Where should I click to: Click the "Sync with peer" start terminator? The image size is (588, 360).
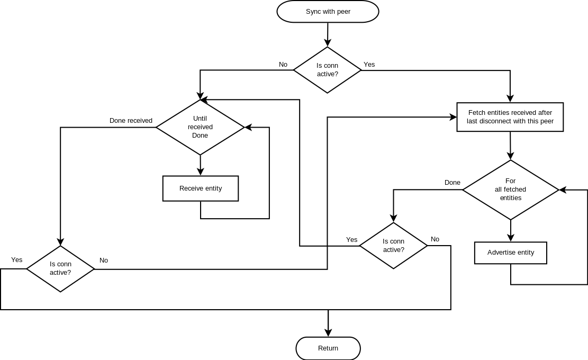[x=328, y=12]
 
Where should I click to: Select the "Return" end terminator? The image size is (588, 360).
[x=328, y=348]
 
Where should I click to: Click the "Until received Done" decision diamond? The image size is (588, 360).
[x=200, y=127]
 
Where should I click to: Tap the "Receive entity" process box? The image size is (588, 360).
[x=201, y=188]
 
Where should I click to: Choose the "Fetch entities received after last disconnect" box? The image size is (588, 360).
[x=510, y=117]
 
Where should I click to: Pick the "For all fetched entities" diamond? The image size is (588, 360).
[x=511, y=190]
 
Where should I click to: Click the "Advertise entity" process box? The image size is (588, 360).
[x=511, y=253]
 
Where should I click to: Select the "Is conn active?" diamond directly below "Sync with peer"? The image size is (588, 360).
[x=328, y=70]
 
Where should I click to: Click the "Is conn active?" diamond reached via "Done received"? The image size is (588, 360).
[x=60, y=268]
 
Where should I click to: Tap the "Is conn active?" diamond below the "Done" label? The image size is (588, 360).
[x=393, y=246]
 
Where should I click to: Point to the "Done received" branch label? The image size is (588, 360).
[x=131, y=121]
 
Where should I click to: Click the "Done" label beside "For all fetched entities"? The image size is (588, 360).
[x=453, y=183]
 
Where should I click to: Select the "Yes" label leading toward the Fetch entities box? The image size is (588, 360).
[x=369, y=65]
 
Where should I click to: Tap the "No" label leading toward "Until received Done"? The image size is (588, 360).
[x=283, y=65]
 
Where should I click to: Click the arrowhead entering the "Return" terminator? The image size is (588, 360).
[x=328, y=332]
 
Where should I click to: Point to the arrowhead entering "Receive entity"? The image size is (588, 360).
[x=201, y=171]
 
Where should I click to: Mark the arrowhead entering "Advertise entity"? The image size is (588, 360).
[x=511, y=238]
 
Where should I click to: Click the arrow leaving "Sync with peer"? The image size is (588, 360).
[x=328, y=34]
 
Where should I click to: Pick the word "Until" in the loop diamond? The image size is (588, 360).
[x=200, y=119]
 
